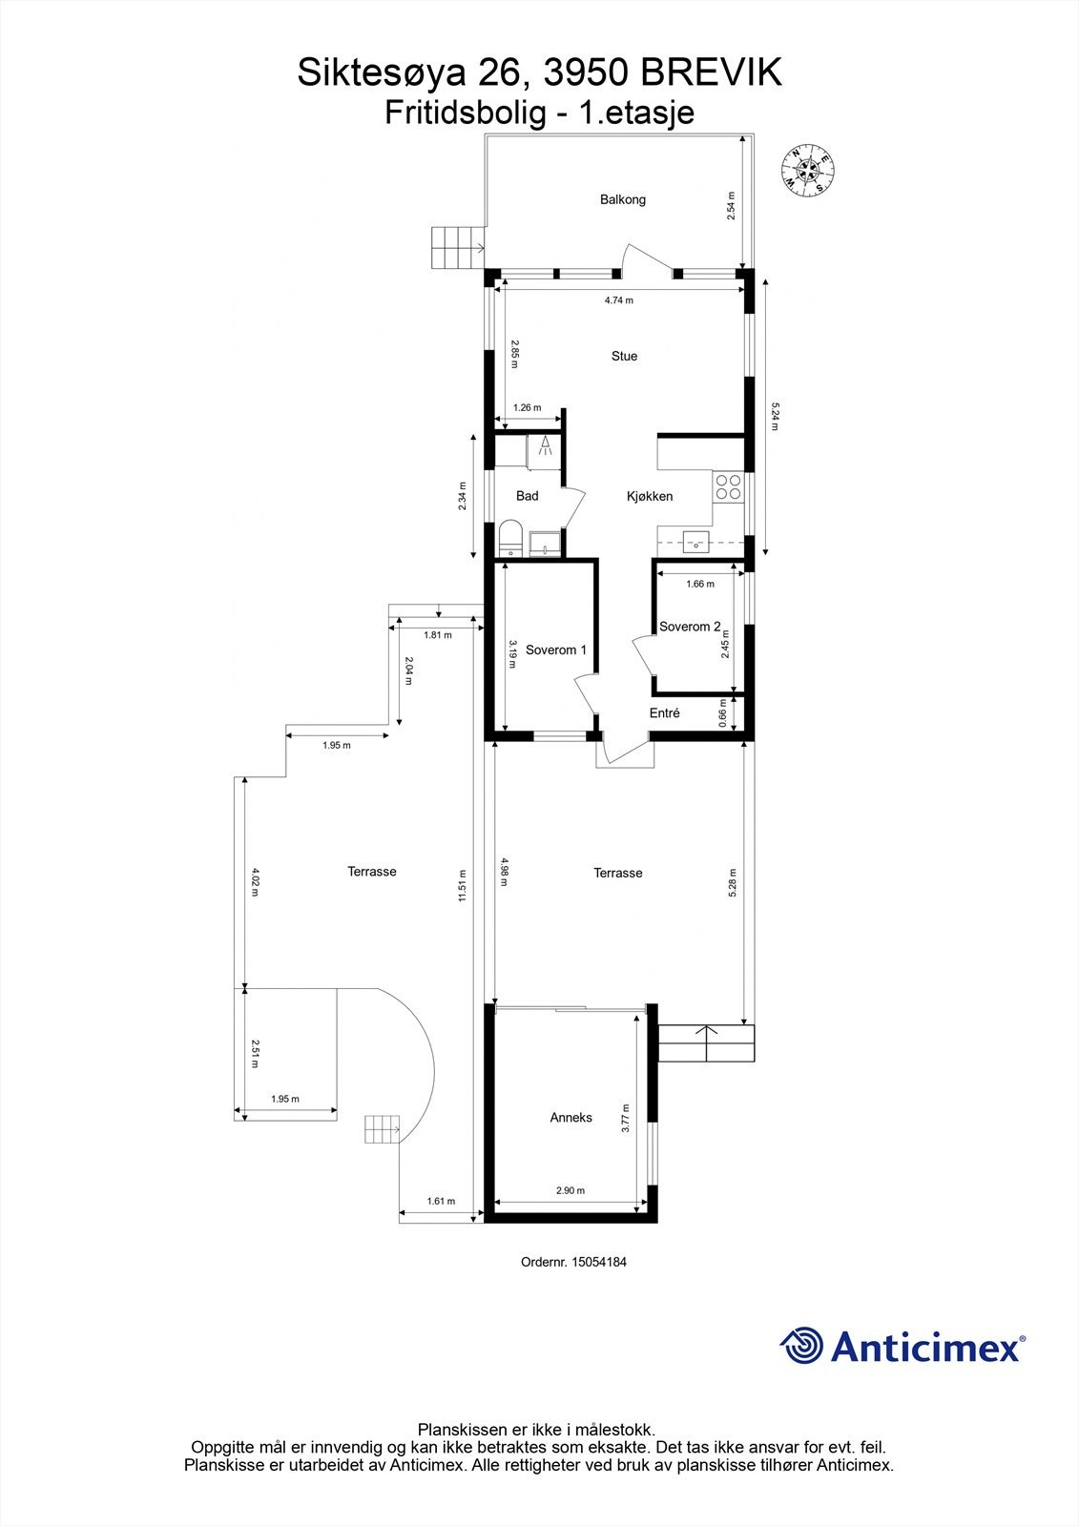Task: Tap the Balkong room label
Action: tap(623, 199)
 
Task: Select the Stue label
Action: tap(624, 356)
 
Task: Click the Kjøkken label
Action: tap(650, 496)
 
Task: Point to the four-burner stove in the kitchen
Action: tap(730, 487)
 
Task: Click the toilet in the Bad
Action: tap(511, 538)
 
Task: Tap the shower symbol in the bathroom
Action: tap(545, 449)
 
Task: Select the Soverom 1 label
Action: tap(555, 650)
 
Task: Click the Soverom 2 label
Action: tap(690, 627)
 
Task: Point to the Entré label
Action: tap(664, 712)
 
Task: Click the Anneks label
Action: tap(571, 1117)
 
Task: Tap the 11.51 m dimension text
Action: tap(462, 885)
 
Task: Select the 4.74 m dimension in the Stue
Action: tap(618, 300)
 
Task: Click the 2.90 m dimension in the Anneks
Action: tap(571, 1190)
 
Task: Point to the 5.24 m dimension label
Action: tap(775, 415)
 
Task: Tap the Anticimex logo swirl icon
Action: tap(801, 1346)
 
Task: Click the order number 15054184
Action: tap(598, 1262)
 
